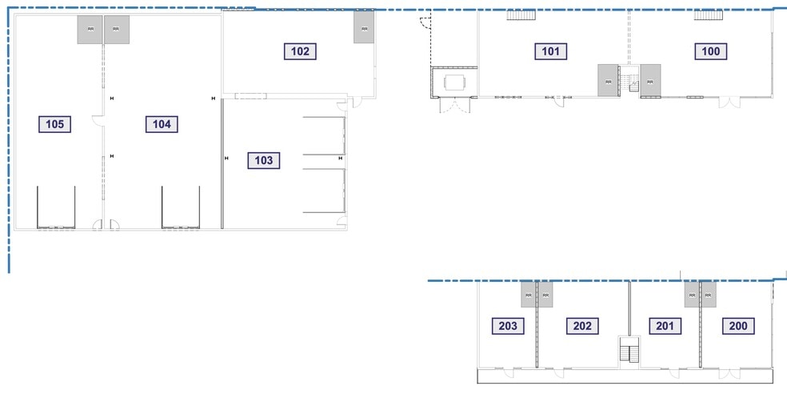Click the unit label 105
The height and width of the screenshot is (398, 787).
[55, 123]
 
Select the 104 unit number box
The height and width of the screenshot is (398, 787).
[161, 123]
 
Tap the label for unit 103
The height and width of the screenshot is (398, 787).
[264, 160]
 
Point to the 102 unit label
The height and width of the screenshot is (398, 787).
[300, 51]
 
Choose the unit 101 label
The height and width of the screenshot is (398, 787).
[551, 52]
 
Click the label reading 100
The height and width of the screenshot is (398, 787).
[711, 52]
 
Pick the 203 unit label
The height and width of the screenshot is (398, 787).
[510, 326]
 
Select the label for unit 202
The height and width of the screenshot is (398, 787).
[582, 326]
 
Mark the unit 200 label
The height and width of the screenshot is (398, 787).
[737, 326]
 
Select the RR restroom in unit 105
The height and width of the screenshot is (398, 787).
[90, 30]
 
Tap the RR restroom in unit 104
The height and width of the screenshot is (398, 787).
[117, 30]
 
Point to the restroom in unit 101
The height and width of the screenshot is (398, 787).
[608, 80]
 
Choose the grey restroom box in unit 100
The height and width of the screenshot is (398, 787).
[650, 80]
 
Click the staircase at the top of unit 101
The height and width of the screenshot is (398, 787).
[521, 14]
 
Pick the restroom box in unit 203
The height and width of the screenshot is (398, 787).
[528, 295]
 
